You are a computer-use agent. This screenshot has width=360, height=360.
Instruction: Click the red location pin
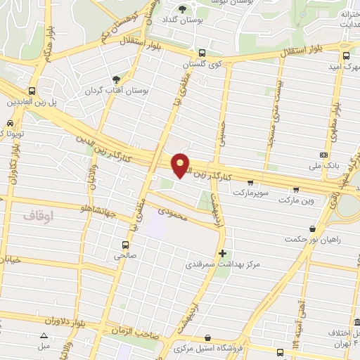point(181,165)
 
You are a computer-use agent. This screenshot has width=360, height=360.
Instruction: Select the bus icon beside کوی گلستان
point(202,53)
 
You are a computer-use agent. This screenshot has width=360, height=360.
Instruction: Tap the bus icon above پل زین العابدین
point(32,91)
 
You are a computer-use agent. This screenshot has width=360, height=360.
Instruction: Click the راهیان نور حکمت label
point(313,239)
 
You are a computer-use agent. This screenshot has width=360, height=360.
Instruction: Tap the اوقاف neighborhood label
point(41,212)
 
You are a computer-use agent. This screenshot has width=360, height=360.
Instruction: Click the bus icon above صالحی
point(125,245)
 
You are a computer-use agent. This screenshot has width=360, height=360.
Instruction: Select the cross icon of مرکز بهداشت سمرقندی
point(223,253)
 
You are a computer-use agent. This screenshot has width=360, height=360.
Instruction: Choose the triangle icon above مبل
point(44,336)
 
